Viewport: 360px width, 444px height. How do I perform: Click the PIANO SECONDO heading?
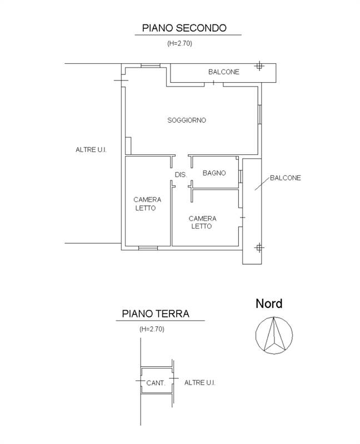[x=184, y=28]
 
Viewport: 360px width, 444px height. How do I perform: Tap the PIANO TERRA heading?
[x=156, y=314]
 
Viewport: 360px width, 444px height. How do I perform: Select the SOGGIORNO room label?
[x=187, y=120]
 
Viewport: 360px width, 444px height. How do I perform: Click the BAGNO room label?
[x=214, y=173]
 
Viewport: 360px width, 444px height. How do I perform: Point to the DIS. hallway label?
[x=181, y=175]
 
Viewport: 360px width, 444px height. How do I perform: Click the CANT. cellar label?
[x=156, y=383]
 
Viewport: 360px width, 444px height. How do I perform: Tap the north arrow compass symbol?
[x=274, y=335]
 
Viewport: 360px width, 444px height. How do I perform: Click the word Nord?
[x=269, y=304]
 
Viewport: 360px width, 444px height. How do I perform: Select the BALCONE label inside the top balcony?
[x=224, y=72]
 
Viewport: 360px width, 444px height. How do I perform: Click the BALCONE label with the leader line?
[x=286, y=178]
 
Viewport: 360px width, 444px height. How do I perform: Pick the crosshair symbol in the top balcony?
[x=259, y=66]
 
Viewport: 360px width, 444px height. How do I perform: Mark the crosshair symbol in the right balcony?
[x=259, y=248]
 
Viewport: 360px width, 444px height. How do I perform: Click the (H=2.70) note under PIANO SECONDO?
[x=179, y=43]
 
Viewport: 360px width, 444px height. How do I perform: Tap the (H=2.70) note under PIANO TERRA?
[x=152, y=329]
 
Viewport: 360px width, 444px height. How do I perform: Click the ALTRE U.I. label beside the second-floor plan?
[x=91, y=150]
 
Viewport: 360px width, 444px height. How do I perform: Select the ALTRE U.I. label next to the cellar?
[x=200, y=383]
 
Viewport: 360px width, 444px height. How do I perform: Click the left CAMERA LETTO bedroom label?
[x=147, y=204]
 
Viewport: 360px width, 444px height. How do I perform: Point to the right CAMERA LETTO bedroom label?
[x=202, y=223]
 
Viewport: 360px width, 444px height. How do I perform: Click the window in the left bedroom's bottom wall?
[x=148, y=248]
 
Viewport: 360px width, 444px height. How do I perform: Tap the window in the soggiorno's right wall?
[x=259, y=114]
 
